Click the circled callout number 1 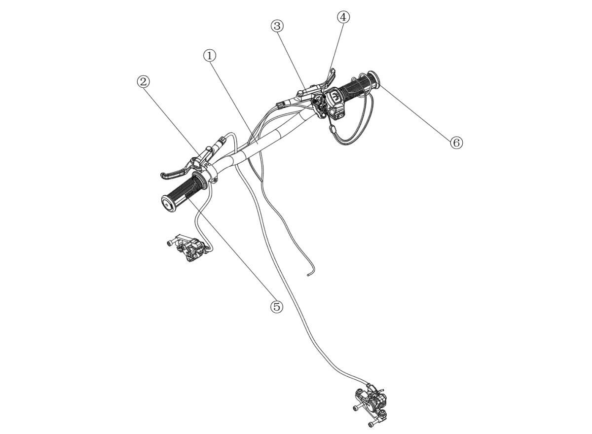point(210,56)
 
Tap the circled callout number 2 point(143,82)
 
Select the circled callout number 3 point(277,26)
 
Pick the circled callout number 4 point(343,17)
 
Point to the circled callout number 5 point(276,307)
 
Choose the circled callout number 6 point(456,143)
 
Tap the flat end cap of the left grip point(168,205)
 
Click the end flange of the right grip point(374,79)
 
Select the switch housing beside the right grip point(335,104)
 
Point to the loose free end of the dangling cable point(308,276)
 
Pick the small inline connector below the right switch point(332,129)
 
